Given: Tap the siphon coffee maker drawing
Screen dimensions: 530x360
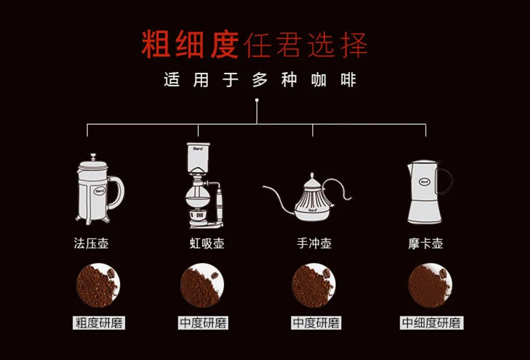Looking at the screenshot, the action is click(202, 186).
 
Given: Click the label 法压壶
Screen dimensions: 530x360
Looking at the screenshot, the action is click(91, 243).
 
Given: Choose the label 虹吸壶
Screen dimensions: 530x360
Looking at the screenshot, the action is click(207, 243).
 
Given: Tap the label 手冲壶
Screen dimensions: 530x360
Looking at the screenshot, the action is click(314, 243).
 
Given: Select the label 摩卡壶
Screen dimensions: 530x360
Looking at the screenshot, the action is click(425, 243).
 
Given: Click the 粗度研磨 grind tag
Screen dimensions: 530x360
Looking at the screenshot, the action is click(99, 323).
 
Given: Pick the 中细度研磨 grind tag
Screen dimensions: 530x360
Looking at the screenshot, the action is click(432, 323).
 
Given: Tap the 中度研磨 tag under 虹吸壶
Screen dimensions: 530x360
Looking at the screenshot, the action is click(203, 323).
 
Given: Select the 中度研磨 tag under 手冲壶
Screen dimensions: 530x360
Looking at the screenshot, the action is click(316, 323).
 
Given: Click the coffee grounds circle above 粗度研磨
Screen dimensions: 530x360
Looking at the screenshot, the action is click(98, 285).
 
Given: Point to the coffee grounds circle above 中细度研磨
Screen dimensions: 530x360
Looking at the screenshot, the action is click(430, 285).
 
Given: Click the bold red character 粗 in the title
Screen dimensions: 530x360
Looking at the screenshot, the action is click(156, 44).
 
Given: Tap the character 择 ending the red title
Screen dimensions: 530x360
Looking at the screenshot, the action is click(354, 44).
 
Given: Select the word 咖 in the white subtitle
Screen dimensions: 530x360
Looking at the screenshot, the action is click(319, 80).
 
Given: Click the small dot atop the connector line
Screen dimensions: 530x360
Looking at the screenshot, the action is click(257, 100).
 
